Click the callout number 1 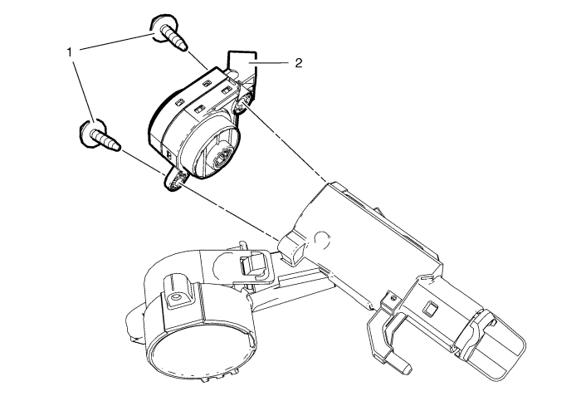69,52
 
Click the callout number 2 299,62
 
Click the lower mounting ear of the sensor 174,180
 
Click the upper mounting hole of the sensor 244,101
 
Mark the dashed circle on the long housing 322,240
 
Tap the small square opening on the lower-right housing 431,309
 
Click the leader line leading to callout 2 269,63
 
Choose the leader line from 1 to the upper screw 118,41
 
